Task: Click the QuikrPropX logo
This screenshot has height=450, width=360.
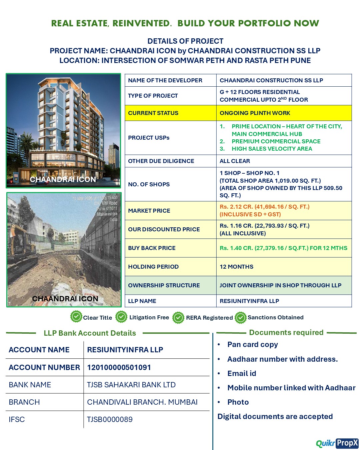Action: click(x=337, y=443)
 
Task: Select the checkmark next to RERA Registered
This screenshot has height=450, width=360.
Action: click(x=178, y=318)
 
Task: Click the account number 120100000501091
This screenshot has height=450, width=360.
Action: click(x=119, y=367)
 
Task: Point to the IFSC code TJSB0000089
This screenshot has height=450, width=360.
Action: click(x=110, y=419)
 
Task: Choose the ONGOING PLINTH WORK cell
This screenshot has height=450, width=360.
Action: click(x=255, y=113)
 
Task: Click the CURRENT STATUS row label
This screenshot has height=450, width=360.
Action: click(x=153, y=113)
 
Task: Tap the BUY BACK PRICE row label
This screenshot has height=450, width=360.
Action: click(x=152, y=248)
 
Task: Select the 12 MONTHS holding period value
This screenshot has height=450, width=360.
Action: click(x=236, y=267)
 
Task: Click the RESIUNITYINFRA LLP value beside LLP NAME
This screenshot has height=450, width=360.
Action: click(x=249, y=301)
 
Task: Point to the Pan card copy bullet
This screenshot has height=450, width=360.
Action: click(x=252, y=344)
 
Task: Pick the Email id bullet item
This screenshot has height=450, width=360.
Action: click(x=242, y=373)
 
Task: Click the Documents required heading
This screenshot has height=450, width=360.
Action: click(x=286, y=332)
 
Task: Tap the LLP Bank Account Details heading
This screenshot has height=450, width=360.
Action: click(x=90, y=333)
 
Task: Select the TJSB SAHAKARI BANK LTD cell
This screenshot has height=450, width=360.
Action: click(x=131, y=385)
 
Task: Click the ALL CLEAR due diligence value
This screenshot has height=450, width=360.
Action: click(x=235, y=161)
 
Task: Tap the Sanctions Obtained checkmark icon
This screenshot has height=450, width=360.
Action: click(x=240, y=318)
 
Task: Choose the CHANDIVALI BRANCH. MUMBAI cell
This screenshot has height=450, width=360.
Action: click(x=142, y=402)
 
